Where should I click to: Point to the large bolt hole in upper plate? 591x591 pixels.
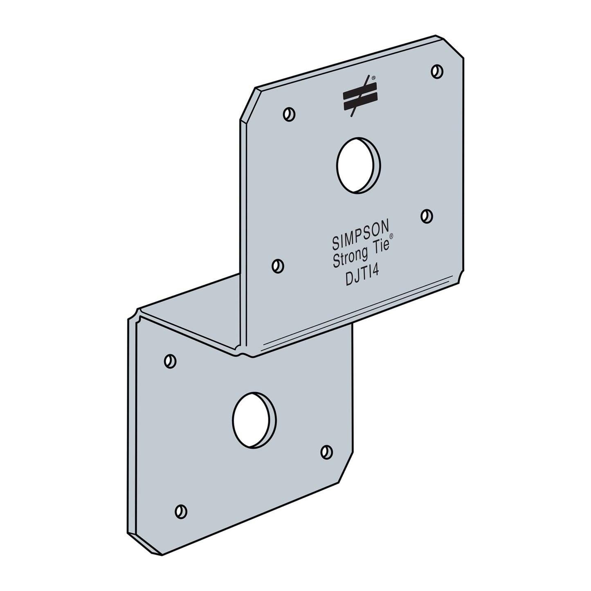359,165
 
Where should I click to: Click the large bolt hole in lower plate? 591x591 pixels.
254,420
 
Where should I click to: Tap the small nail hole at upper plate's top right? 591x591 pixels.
437,71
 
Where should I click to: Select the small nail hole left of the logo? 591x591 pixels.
289,114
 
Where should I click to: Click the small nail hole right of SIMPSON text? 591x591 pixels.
427,216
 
